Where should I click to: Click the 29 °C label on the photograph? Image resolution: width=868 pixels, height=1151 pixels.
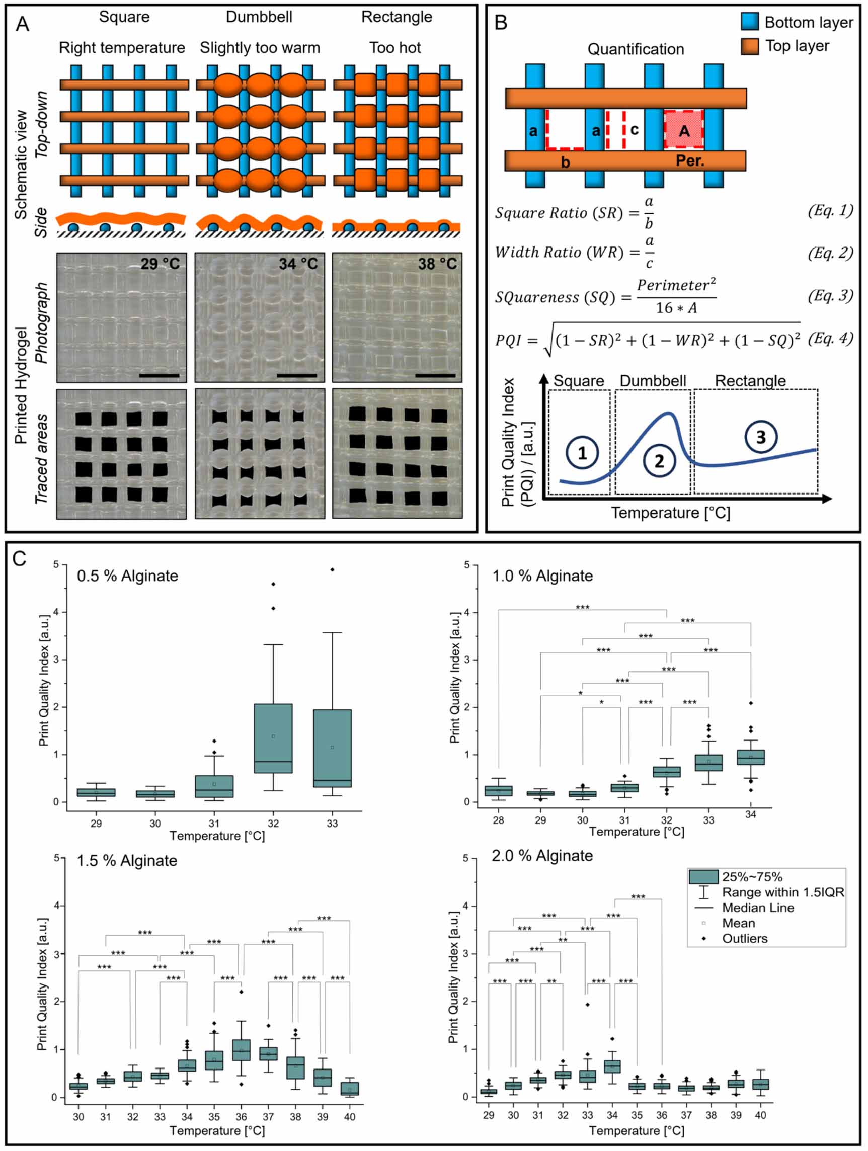[160, 264]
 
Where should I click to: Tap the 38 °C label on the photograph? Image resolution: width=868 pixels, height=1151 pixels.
[437, 264]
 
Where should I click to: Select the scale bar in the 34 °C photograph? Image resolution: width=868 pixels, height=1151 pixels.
[296, 375]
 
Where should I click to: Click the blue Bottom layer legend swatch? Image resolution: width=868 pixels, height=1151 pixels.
[750, 22]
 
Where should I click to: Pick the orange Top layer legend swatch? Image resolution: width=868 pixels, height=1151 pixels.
[750, 46]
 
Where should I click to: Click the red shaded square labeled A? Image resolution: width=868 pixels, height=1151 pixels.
[684, 130]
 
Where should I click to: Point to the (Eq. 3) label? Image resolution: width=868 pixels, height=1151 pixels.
[830, 296]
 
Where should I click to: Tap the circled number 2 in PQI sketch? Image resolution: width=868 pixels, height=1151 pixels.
[659, 461]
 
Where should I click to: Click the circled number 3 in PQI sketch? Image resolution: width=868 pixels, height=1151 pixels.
[760, 437]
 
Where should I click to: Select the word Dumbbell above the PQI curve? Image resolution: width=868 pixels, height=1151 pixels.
[653, 381]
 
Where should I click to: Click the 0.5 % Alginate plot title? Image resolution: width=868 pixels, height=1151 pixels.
[127, 576]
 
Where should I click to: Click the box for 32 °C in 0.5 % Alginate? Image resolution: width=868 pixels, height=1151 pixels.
[273, 738]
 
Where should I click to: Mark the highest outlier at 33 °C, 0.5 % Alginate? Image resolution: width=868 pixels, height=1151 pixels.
[332, 570]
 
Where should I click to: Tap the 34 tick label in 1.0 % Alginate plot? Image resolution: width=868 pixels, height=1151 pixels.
[750, 815]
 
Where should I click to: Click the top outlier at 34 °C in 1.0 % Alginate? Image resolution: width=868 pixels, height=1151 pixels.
[750, 703]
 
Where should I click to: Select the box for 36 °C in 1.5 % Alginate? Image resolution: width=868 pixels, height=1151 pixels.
[241, 1049]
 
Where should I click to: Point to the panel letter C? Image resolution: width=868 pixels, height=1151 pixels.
[19, 559]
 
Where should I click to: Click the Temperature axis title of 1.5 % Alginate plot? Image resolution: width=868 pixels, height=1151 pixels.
[217, 1130]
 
